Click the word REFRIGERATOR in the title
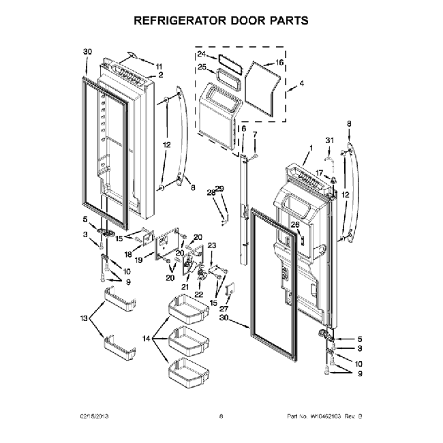coord(178,20)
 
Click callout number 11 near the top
coord(159,65)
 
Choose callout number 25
coord(202,67)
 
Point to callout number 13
coord(85,318)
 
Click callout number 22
coord(199,294)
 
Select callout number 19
coord(138,260)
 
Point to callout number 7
coord(255,134)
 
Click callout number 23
coord(211,245)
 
